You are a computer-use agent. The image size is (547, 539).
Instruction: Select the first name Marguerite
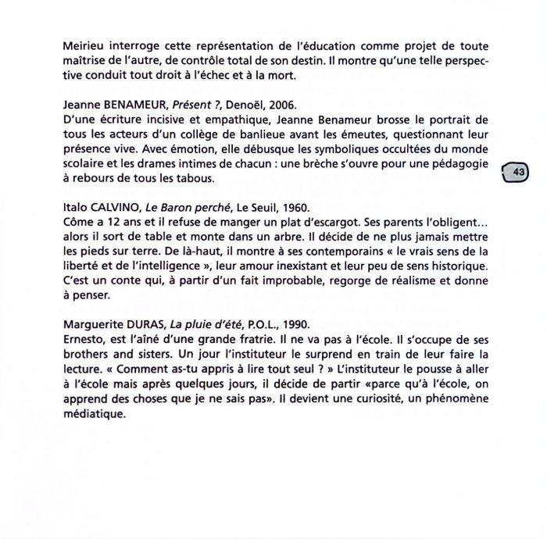90,325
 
